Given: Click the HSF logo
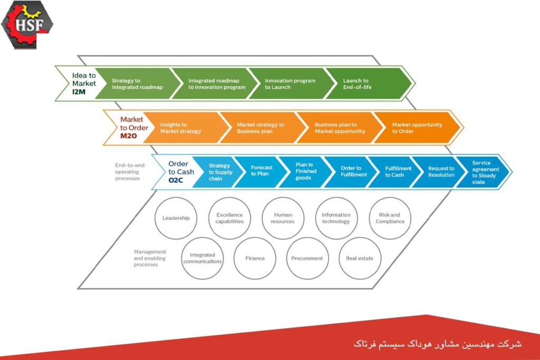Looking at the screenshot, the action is click(x=27, y=25).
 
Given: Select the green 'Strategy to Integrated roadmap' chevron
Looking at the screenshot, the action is click(x=138, y=84).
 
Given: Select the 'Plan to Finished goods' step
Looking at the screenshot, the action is click(x=305, y=172).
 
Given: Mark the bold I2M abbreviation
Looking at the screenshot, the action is click(x=79, y=92).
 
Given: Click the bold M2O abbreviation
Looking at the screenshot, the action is click(x=129, y=136).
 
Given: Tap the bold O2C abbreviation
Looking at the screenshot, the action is click(x=176, y=180).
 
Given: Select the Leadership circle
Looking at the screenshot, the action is click(x=176, y=218).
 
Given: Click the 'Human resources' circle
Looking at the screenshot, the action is click(x=283, y=218).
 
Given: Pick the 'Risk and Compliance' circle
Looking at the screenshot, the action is click(x=390, y=218).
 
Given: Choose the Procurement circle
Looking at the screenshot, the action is click(x=307, y=258).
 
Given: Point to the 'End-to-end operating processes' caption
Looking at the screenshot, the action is click(x=130, y=172).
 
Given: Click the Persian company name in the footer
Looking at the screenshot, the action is click(x=437, y=344).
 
